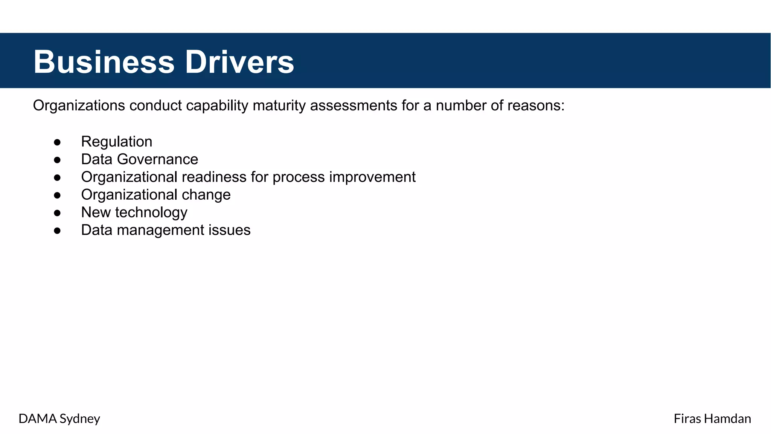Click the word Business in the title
(x=104, y=62)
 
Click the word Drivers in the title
(x=239, y=62)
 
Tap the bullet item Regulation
(x=117, y=142)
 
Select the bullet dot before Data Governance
(x=57, y=160)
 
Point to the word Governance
(x=157, y=159)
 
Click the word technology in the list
(x=151, y=213)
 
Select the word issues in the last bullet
(x=234, y=230)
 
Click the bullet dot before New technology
(x=57, y=213)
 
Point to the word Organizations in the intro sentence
(x=79, y=106)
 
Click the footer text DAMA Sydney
(x=59, y=419)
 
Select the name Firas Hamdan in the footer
(x=712, y=419)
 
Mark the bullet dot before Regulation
(x=57, y=142)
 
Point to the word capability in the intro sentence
(x=217, y=106)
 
